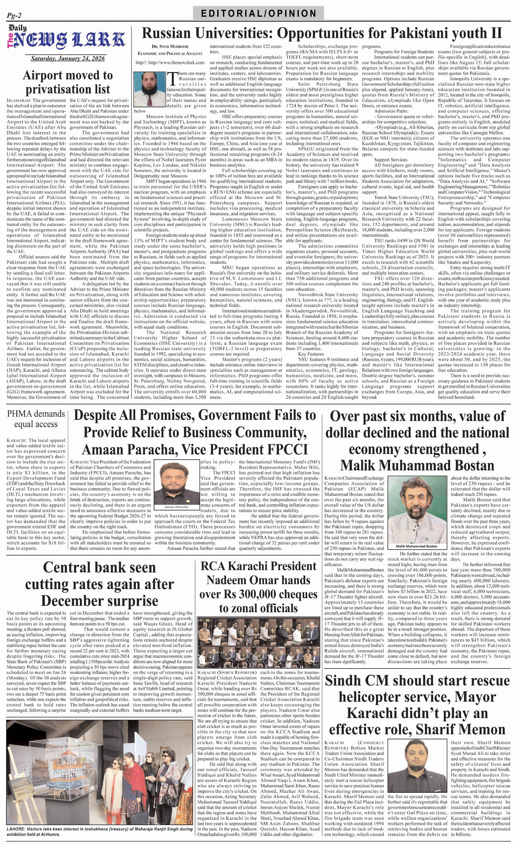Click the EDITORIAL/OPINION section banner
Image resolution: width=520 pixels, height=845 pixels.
259,13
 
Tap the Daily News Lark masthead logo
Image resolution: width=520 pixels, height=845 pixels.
67,39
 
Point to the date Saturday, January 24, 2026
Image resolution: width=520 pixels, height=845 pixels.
67,58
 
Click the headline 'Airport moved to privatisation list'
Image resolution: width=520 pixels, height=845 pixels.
68,82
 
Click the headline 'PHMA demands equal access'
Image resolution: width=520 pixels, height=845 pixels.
36,419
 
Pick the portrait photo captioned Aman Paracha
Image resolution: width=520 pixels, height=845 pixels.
176,483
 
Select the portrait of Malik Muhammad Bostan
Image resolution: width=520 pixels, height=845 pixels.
417,509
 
